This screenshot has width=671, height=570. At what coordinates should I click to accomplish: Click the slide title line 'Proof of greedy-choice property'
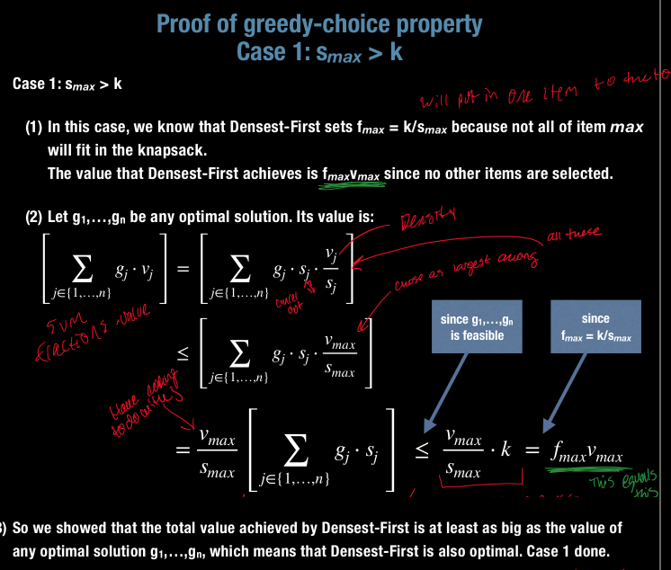(319, 23)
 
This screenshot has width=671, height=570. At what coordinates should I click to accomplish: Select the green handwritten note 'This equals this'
(635, 483)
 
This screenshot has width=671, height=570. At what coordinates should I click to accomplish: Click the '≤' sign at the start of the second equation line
(184, 356)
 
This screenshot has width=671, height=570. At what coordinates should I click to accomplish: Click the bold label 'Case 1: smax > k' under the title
(67, 84)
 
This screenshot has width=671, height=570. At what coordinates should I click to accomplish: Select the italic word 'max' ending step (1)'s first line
(626, 128)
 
